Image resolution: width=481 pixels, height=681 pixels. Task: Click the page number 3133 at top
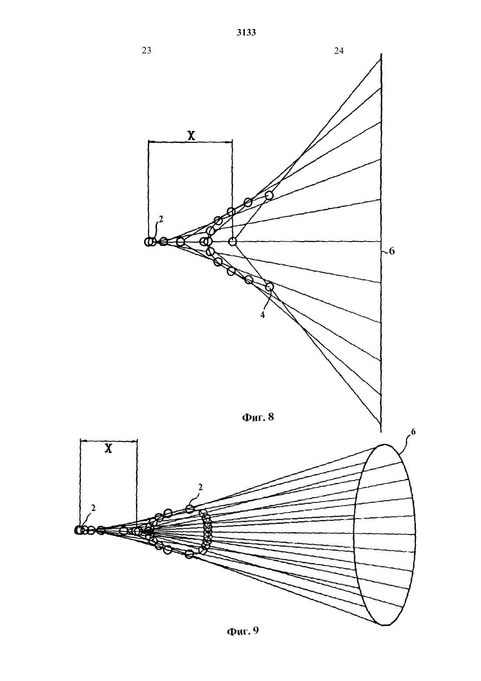pos(246,33)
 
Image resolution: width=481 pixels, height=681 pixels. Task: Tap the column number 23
pos(146,50)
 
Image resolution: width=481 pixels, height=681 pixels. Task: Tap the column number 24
pos(339,51)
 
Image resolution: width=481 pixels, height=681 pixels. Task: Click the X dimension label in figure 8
pos(191,135)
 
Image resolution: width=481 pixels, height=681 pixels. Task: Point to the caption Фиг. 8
pos(258,417)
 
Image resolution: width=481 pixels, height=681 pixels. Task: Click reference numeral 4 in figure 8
pos(263,315)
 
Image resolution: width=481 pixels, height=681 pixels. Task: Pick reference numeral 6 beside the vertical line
pos(392,251)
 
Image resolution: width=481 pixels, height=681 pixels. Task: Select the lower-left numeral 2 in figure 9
pos(93,508)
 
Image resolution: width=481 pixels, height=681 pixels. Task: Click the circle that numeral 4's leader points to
pos(269,287)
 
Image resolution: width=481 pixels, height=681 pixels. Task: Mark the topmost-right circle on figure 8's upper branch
pos(269,195)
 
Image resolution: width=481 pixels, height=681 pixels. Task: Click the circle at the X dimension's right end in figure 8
pos(232,242)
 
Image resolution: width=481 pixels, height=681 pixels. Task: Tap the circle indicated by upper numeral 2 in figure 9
pos(190,508)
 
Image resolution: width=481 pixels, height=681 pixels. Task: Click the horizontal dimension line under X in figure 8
pos(190,141)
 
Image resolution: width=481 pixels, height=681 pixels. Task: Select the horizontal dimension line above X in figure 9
pos(108,441)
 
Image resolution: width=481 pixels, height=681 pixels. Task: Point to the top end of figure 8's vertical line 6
pos(381,54)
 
